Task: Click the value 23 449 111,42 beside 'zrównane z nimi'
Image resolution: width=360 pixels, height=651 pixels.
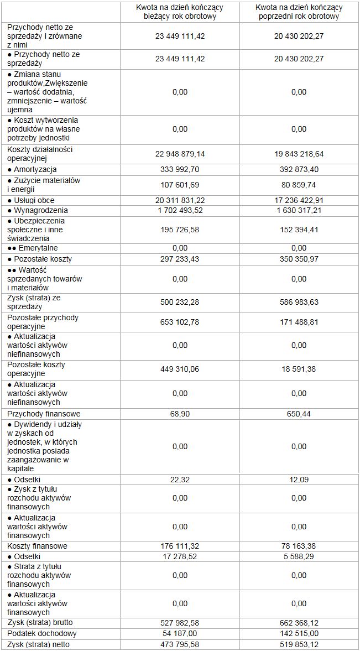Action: click(180, 35)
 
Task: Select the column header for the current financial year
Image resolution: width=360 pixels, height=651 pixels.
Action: click(180, 12)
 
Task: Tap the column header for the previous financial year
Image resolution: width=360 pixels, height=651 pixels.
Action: click(299, 12)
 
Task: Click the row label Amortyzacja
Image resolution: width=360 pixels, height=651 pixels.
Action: click(35, 169)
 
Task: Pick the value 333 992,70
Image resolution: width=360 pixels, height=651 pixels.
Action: click(180, 169)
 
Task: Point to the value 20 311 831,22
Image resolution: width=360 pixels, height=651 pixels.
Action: click(180, 200)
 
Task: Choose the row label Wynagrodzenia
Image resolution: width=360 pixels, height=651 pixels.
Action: click(38, 210)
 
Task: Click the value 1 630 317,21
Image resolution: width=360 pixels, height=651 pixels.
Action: click(299, 210)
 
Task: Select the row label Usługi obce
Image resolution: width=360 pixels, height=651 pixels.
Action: click(34, 200)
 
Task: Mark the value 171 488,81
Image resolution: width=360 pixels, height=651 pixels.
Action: click(299, 322)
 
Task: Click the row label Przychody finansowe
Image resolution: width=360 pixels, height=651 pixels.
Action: click(44, 414)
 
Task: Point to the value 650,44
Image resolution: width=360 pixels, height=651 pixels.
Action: click(299, 414)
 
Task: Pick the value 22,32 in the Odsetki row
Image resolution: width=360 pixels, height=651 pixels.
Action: click(180, 479)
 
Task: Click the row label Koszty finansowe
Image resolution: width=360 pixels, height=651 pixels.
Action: click(38, 546)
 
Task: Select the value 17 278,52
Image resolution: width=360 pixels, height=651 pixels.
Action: click(180, 556)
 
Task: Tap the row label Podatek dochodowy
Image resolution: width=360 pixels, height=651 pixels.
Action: click(42, 633)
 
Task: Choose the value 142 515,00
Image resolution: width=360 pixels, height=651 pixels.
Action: click(299, 633)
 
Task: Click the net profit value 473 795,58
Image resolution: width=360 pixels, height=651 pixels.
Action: click(180, 644)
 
